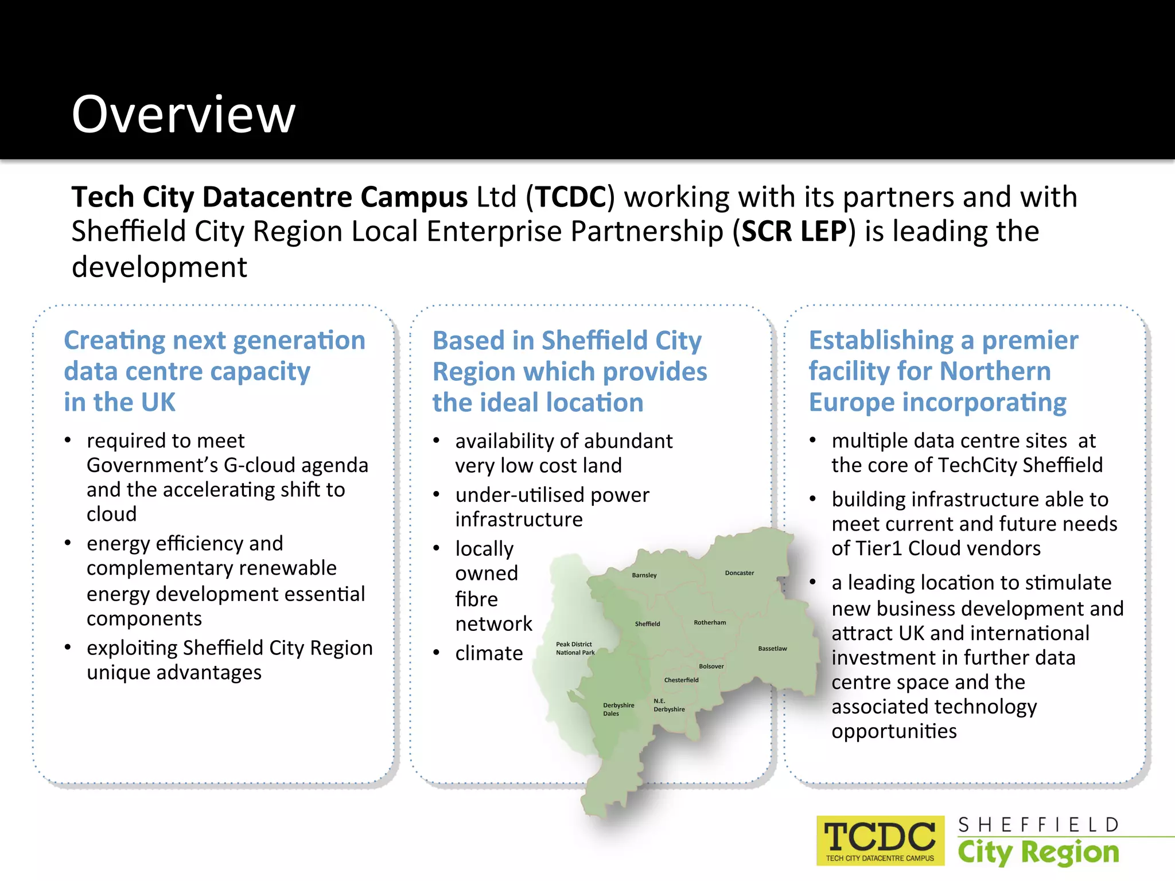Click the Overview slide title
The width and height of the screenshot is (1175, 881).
[x=184, y=115]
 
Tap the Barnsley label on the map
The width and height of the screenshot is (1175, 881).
[x=644, y=575]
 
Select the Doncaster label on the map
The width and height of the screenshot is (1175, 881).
[x=739, y=573]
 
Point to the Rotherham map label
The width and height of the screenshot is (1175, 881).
[x=710, y=622]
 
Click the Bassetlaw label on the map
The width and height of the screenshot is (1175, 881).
[x=772, y=649]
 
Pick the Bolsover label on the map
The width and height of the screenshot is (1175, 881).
[x=711, y=666]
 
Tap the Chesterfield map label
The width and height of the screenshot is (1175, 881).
[x=681, y=680]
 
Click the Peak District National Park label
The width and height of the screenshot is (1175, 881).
[x=575, y=648]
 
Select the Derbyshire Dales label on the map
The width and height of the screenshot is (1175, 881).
[x=618, y=710]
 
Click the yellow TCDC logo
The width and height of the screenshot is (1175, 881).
[x=880, y=840]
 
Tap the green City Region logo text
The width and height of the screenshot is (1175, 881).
[x=1038, y=852]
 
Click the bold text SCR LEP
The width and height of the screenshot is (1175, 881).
[x=794, y=232]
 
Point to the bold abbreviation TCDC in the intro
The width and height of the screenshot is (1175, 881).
[x=571, y=197]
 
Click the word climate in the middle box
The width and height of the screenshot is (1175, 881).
[x=489, y=653]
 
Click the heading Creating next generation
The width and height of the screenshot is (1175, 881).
[x=215, y=340]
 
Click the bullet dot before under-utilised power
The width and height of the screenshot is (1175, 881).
[x=437, y=494]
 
